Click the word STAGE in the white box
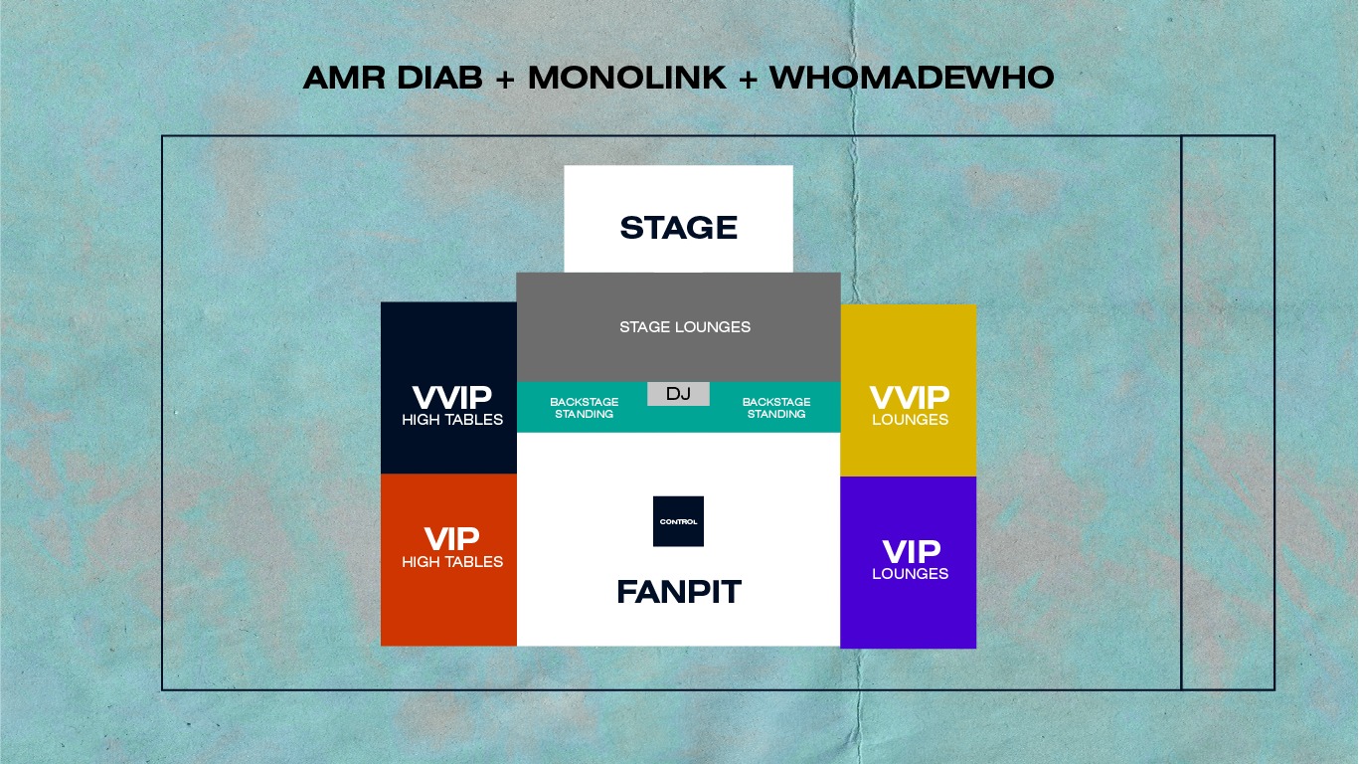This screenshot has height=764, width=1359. (x=678, y=228)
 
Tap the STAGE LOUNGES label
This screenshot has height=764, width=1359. (x=685, y=327)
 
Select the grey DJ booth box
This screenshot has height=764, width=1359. (x=678, y=394)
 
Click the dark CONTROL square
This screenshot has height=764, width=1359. (x=678, y=521)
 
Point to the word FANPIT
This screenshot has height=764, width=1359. (x=679, y=592)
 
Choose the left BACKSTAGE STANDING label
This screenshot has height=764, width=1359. (x=585, y=408)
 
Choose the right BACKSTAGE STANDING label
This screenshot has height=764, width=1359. (x=776, y=408)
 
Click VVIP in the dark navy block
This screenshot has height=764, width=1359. (x=452, y=398)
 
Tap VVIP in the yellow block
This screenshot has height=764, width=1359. (x=910, y=398)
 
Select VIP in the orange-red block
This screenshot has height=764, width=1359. (x=452, y=539)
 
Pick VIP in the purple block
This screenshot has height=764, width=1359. (x=912, y=552)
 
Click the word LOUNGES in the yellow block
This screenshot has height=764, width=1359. (x=910, y=420)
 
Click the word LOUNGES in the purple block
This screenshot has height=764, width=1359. (x=910, y=574)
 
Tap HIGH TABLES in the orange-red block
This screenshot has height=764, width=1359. (x=452, y=562)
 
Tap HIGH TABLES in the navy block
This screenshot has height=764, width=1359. (x=452, y=420)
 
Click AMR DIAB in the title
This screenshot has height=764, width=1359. (x=393, y=78)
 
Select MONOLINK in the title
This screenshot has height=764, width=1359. (x=626, y=78)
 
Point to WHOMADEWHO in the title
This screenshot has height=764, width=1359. (x=912, y=78)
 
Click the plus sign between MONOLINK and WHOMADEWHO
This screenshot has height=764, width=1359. (x=748, y=79)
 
